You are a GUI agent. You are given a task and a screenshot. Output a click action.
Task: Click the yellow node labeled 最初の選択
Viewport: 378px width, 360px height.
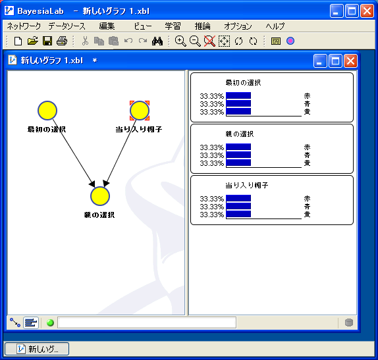point(47,111)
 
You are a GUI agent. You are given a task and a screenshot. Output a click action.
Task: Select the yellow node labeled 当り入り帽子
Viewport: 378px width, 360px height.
point(140,111)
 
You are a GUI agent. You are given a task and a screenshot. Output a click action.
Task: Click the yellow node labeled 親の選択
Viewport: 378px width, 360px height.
point(100,196)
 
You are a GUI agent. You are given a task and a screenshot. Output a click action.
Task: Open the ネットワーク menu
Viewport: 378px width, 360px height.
point(24,26)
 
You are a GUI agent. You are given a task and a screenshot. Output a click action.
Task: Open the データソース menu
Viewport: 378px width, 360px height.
point(67,26)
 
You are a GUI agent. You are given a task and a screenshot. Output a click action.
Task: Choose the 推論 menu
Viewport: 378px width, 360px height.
point(203,26)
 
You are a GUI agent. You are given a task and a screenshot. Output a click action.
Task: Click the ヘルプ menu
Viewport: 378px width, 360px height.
point(275,26)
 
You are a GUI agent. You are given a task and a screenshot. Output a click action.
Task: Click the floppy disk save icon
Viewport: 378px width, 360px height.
point(47,41)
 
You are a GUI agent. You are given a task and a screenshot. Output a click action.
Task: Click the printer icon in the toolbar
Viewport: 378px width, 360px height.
point(62,41)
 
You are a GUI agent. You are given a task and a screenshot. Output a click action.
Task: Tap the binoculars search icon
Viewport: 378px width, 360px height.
point(157,41)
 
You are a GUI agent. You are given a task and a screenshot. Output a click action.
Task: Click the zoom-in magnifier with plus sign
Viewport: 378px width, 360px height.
point(180,41)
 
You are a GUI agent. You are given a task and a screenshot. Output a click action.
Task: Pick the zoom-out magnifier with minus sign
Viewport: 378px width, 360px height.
point(195,41)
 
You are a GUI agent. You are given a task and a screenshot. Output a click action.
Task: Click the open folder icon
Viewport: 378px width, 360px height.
point(32,41)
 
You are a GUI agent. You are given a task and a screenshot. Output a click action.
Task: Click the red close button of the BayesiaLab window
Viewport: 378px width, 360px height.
point(367,11)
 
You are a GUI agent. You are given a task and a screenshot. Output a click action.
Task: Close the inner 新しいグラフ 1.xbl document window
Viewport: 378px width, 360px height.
point(350,61)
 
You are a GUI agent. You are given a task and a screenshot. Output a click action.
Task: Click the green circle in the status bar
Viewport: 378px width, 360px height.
point(50,322)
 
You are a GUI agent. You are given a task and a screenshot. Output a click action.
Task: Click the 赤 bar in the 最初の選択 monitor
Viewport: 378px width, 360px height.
point(238,95)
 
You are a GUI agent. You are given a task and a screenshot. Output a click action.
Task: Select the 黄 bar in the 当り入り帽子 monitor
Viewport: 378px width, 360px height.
point(238,214)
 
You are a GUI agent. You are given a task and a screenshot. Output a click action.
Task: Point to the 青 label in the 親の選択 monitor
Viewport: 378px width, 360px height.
point(307,155)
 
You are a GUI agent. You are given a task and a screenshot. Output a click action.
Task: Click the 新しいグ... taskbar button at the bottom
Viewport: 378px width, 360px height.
point(37,349)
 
